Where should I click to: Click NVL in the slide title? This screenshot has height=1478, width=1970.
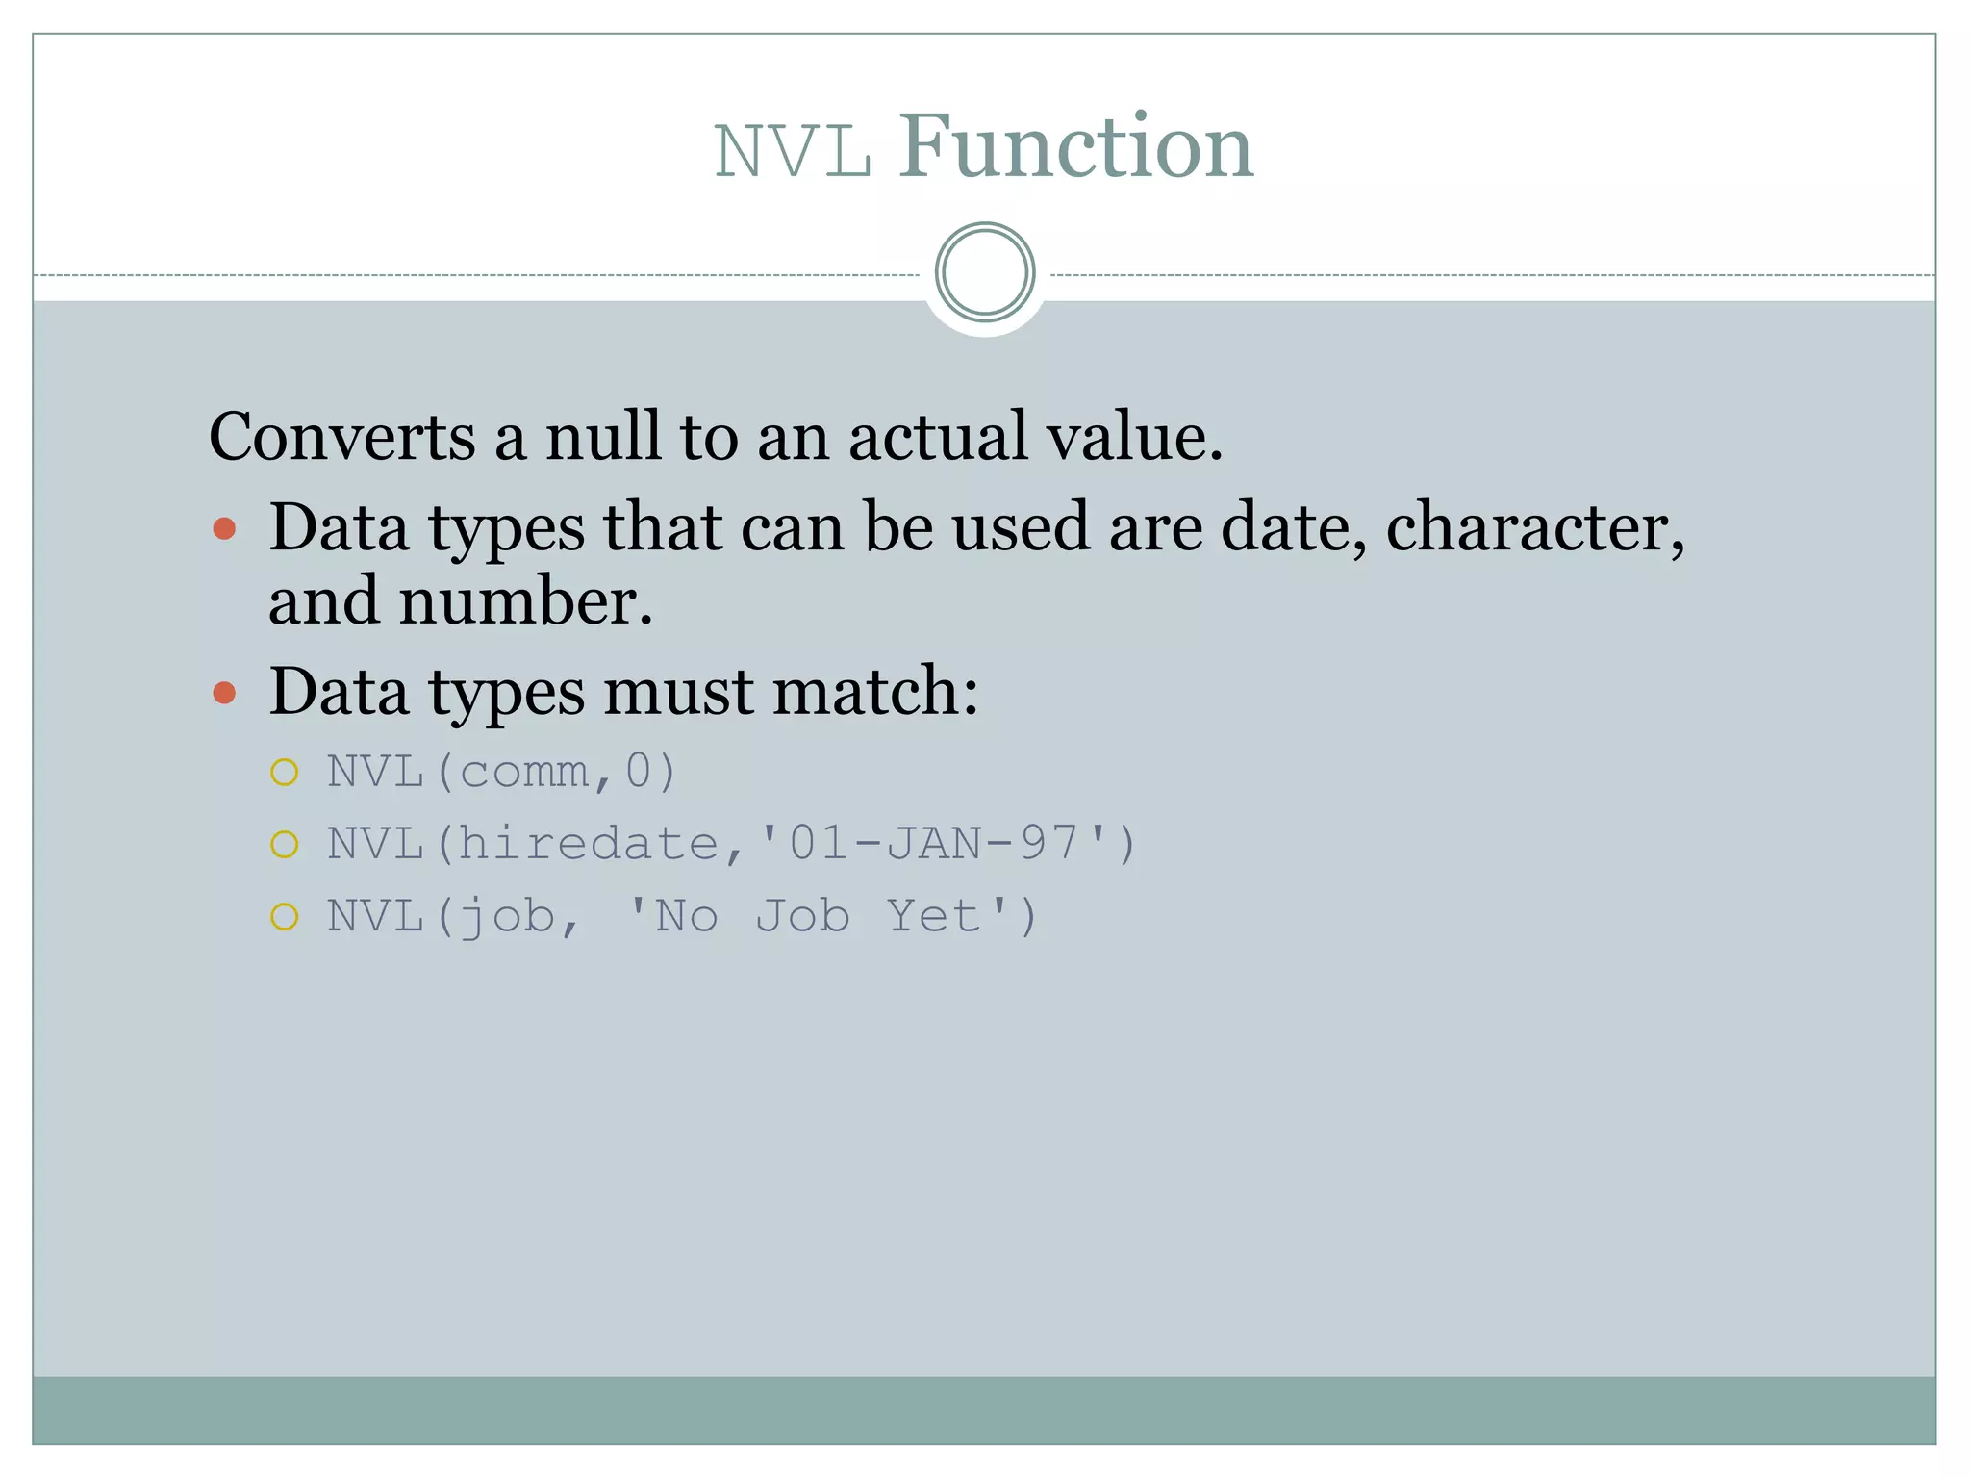793,152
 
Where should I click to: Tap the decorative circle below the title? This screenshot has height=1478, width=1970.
984,272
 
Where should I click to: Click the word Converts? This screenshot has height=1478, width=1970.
341,437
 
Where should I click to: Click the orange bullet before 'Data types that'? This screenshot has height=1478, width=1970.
224,528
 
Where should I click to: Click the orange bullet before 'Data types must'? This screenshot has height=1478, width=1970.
224,692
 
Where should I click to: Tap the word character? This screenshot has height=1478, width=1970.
1534,528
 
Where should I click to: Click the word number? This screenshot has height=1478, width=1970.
524,601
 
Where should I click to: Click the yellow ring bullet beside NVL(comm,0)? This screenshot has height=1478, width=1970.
285,772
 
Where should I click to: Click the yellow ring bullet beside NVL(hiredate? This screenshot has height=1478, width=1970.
285,844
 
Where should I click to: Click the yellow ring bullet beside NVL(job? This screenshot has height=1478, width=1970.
285,916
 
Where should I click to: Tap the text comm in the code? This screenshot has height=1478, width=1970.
524,772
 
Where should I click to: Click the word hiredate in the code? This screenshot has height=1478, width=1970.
589,844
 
